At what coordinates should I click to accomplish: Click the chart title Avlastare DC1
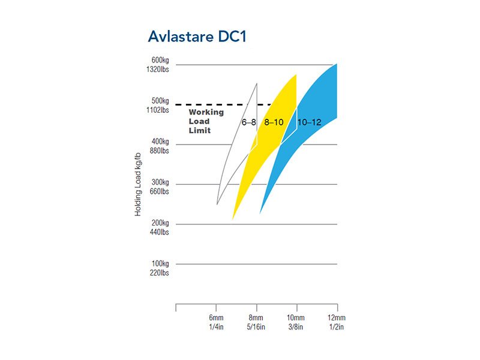tap(197, 37)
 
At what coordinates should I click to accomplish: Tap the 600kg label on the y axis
tap(160, 60)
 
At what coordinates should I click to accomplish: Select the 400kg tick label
tap(160, 142)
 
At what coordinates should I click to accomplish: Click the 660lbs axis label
tap(160, 191)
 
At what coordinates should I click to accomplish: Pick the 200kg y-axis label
tap(160, 223)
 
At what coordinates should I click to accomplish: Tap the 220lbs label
tap(160, 273)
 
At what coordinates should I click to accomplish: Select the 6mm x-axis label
tap(216, 317)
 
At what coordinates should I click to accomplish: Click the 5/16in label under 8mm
tap(256, 327)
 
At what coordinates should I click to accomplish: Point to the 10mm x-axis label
tap(296, 317)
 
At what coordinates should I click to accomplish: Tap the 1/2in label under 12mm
tap(337, 327)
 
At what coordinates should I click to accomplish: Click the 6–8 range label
tap(249, 122)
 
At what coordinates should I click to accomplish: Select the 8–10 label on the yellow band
tap(274, 122)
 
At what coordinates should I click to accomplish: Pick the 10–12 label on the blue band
tap(310, 122)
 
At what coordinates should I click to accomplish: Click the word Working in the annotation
tap(206, 112)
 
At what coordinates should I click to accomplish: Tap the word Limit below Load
tap(200, 131)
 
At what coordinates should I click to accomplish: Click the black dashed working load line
tap(204, 105)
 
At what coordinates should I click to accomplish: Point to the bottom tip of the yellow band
tap(233, 219)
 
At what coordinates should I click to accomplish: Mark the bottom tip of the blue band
tap(260, 213)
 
